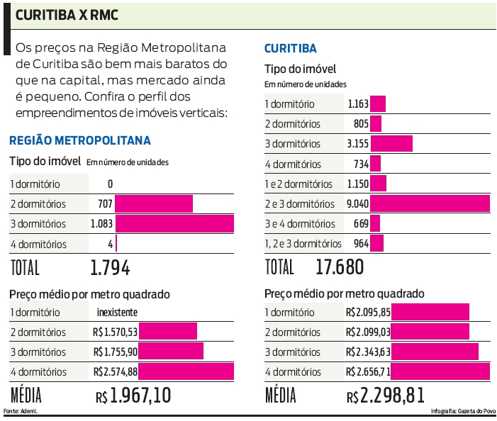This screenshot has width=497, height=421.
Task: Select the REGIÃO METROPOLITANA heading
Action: [79, 140]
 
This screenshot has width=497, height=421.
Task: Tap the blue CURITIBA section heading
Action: [290, 49]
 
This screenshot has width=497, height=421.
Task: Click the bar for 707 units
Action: [154, 204]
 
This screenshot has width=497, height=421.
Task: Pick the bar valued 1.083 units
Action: [174, 224]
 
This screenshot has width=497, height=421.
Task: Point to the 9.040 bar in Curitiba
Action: [430, 204]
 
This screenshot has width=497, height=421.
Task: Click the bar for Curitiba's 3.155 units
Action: [391, 144]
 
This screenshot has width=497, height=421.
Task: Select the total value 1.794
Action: [110, 269]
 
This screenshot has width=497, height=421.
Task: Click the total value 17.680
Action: [340, 267]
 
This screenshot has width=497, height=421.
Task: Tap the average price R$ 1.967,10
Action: [133, 395]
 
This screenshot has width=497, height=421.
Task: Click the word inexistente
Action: [117, 313]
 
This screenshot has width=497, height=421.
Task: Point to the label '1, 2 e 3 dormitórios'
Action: [303, 244]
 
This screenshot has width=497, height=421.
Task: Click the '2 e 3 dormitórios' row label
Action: [299, 204]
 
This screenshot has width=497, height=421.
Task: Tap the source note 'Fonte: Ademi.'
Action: [21, 411]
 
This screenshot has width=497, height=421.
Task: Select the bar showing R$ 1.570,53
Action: [167, 332]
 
